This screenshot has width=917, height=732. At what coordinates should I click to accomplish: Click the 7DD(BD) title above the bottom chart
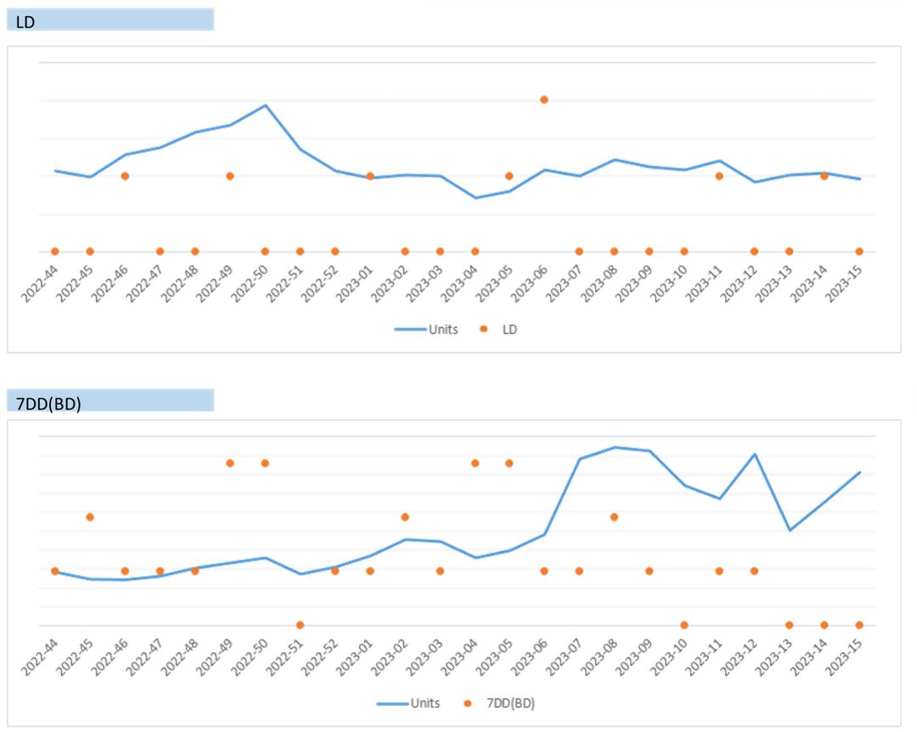(x=48, y=403)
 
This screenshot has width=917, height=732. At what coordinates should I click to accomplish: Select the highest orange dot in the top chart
(x=544, y=99)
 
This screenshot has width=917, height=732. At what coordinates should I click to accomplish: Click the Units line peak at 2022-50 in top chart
(x=266, y=105)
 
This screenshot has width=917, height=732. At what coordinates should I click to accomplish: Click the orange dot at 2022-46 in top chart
(x=125, y=176)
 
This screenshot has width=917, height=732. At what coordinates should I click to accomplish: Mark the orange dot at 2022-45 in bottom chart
(x=90, y=516)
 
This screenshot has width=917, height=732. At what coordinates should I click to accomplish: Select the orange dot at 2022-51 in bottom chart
(x=300, y=625)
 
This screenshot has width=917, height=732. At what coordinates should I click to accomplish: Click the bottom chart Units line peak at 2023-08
(x=615, y=447)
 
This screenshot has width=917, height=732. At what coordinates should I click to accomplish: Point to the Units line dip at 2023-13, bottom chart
(x=790, y=530)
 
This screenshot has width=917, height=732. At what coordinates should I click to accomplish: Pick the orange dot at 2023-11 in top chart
(x=719, y=176)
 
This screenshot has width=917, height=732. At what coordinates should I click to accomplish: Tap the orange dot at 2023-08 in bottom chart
(x=614, y=516)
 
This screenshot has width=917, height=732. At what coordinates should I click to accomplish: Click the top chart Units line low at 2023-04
(x=475, y=198)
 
